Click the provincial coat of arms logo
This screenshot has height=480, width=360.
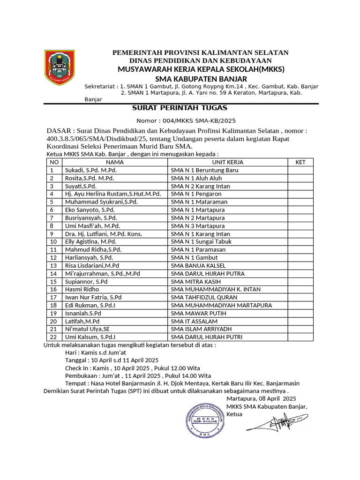click(60, 68)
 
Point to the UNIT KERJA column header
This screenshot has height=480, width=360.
click(227, 162)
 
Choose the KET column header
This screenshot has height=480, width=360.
click(300, 162)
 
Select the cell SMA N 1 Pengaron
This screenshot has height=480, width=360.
click(196, 194)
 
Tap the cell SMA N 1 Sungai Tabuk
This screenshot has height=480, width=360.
click(201, 242)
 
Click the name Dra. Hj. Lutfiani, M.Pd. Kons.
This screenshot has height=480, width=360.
click(104, 234)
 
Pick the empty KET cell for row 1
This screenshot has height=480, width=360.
click(300, 170)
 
